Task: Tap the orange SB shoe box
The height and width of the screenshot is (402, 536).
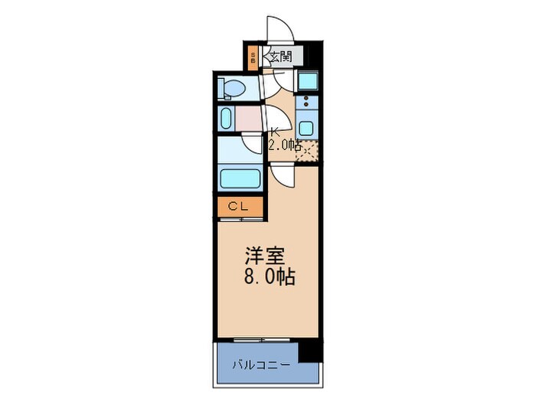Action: click(x=253, y=57)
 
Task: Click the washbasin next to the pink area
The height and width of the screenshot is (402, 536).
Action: click(x=226, y=119)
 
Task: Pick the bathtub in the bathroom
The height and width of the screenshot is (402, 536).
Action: click(x=240, y=178)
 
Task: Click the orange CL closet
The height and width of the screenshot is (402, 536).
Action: click(x=239, y=207)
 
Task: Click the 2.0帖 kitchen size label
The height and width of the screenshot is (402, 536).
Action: click(x=282, y=145)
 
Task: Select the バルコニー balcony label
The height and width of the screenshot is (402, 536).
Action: click(x=263, y=364)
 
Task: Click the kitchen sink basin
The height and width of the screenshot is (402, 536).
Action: click(x=307, y=127)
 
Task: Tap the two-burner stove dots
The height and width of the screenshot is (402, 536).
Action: click(x=306, y=103)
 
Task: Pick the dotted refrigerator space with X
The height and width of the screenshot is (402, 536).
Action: click(x=307, y=152)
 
